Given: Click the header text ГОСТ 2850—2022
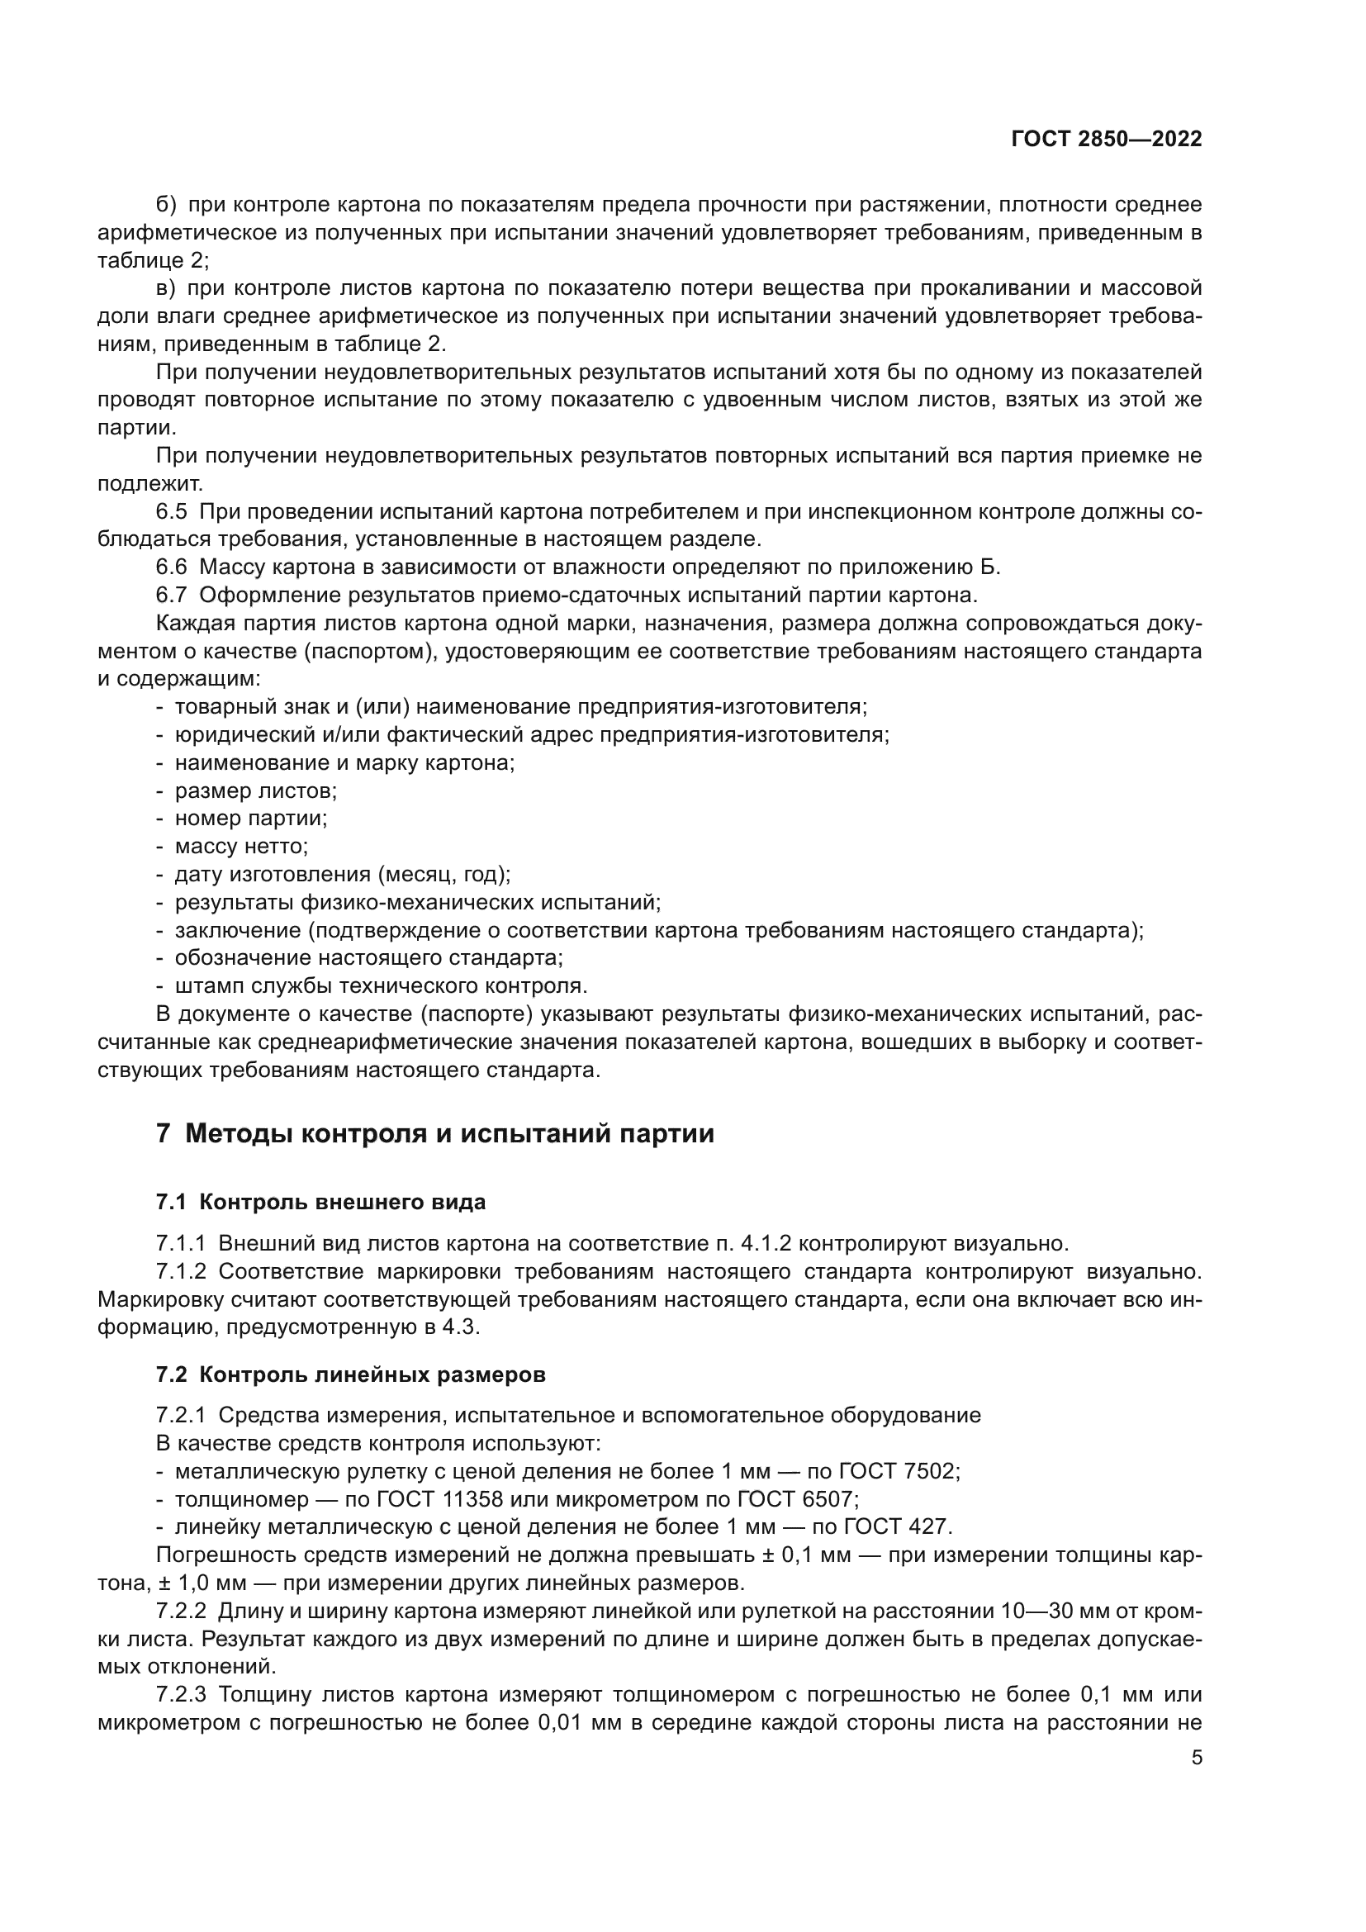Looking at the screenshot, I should [1106, 140].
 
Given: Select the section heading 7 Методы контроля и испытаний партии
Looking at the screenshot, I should [435, 1133].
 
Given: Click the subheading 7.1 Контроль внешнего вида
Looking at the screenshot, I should [320, 1202].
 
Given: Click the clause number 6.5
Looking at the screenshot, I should [172, 511].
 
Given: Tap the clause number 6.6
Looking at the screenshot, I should [172, 567].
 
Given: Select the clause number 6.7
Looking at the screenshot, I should [172, 595].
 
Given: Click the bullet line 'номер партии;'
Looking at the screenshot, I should [251, 818].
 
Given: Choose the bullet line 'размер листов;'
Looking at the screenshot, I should [256, 790].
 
